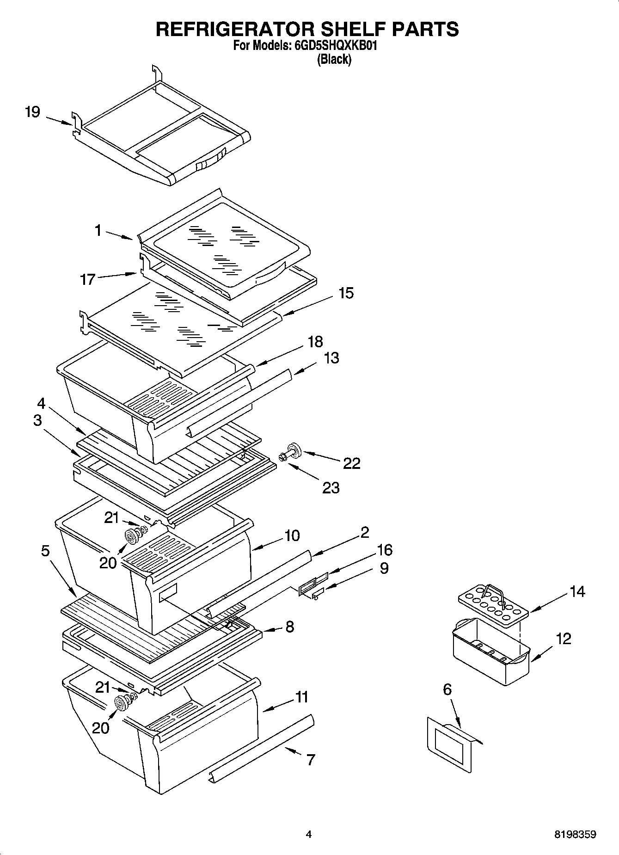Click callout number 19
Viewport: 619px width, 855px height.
pos(32,112)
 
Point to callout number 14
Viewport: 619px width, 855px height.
pos(577,591)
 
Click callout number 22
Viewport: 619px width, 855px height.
pos(352,463)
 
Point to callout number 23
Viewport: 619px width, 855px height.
pos(331,487)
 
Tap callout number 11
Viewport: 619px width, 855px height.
pos(302,697)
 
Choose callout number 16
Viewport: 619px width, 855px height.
pos(385,550)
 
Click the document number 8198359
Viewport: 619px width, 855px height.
pos(575,835)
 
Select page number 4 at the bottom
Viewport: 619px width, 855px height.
pos(309,835)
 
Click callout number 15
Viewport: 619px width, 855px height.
pos(346,293)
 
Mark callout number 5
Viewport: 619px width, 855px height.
pos(45,551)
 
